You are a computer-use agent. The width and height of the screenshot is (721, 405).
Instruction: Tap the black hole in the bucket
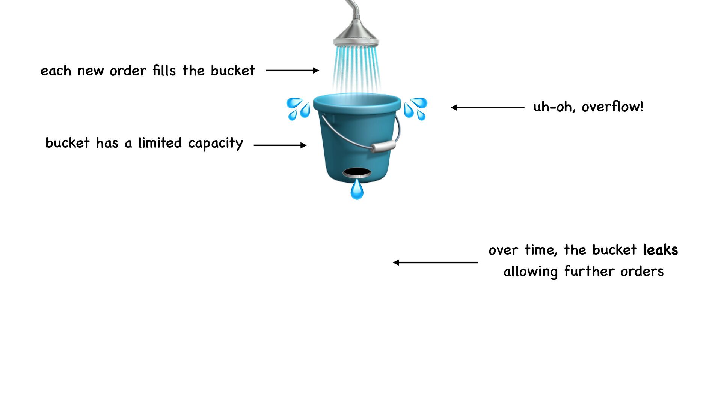point(357,173)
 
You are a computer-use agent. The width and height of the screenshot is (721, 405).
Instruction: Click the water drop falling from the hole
point(357,190)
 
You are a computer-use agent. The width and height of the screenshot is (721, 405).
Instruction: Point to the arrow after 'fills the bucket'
point(292,70)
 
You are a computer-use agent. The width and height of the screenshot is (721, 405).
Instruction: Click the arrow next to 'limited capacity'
point(280,145)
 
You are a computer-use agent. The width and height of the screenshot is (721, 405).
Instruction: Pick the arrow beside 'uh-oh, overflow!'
point(487,108)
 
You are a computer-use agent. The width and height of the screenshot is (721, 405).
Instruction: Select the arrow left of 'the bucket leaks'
point(435,262)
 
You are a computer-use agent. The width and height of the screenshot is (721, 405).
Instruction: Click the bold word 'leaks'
point(660,250)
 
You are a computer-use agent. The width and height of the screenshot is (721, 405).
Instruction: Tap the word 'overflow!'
point(612,107)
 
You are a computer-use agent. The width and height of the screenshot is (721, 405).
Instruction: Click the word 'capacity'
point(216,143)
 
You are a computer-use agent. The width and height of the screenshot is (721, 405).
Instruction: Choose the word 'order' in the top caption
point(128,70)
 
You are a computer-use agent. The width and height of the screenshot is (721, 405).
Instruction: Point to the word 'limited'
point(160,143)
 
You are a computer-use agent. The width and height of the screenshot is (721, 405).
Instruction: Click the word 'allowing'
point(530,271)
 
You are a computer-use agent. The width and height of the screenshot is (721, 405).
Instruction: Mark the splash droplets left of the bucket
point(299,108)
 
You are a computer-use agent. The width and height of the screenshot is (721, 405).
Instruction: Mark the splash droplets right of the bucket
point(415,108)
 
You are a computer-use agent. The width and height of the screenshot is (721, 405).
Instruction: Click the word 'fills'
point(164,70)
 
